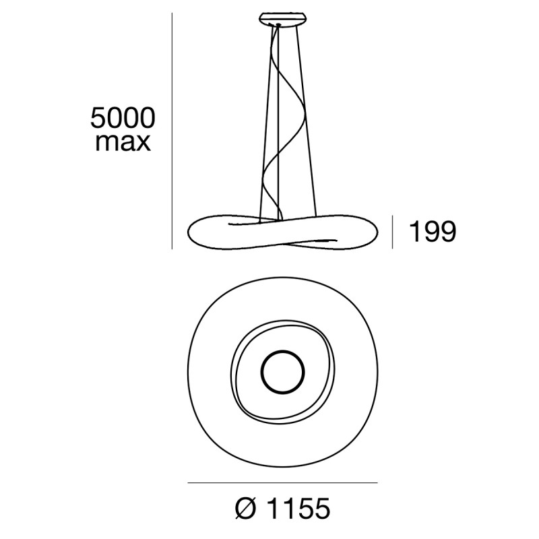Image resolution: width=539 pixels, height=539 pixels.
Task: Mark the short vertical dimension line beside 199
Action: click(393, 232)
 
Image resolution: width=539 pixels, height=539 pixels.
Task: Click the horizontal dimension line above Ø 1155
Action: click(282, 483)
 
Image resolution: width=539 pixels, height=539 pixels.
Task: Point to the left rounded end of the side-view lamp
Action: click(192, 233)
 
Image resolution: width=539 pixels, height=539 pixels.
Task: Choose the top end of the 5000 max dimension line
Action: click(172, 15)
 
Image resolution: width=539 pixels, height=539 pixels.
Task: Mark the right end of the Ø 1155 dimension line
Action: click(376, 483)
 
